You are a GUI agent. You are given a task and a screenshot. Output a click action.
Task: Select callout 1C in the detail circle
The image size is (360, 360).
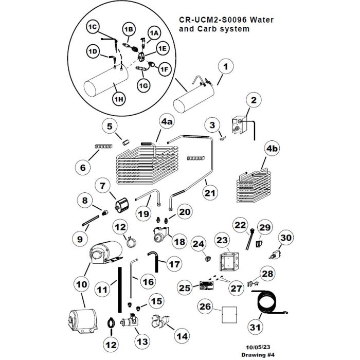point(93,27)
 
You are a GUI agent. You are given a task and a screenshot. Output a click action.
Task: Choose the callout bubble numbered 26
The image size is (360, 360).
point(205,307)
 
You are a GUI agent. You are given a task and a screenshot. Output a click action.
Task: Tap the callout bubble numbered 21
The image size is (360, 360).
point(209,193)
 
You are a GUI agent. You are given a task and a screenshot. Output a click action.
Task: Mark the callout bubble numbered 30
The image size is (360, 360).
point(286,238)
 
